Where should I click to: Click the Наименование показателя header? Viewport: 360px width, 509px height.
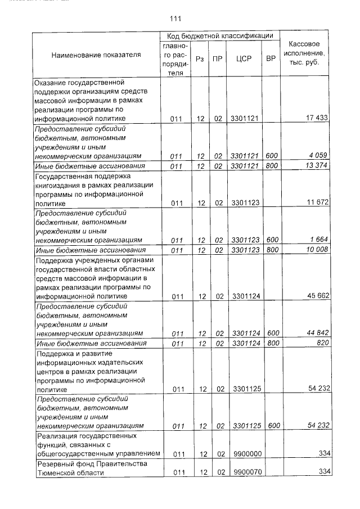click(x=96, y=55)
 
